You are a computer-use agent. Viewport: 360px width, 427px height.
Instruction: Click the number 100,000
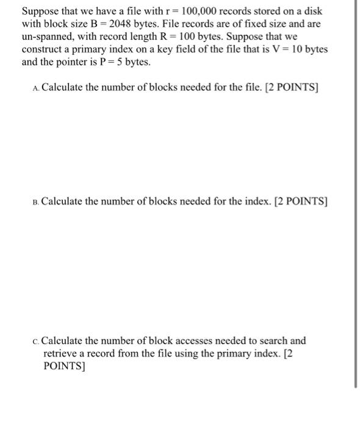(x=198, y=12)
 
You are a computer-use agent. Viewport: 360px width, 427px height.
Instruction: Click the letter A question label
(x=37, y=88)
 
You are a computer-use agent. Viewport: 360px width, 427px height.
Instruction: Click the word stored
(x=250, y=12)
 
